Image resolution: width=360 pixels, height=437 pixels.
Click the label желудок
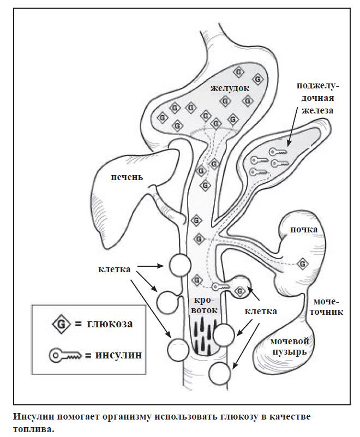point(230,87)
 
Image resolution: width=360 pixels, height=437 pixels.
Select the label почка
point(304,230)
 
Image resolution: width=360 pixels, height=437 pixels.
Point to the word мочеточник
point(327,307)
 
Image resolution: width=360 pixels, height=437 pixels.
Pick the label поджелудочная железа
point(318,98)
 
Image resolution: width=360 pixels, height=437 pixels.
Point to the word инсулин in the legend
point(119,356)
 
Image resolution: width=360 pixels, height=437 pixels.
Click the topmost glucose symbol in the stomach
point(238,72)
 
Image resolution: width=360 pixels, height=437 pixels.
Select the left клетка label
point(113,269)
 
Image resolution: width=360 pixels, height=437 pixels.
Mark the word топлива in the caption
point(34,429)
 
